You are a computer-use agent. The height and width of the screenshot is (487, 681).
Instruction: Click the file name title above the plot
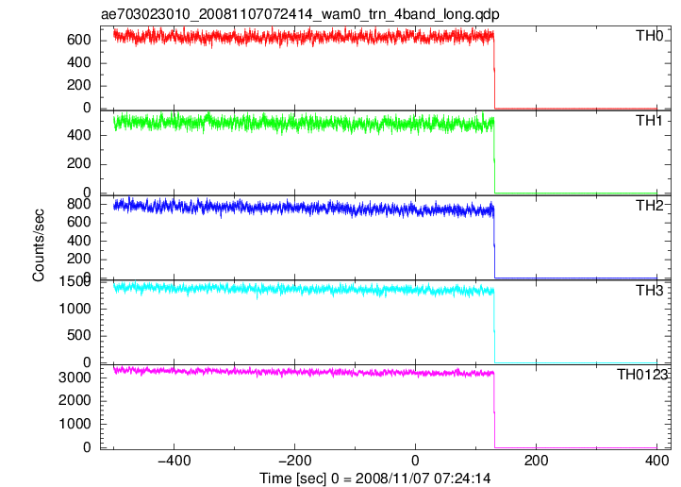coord(300,14)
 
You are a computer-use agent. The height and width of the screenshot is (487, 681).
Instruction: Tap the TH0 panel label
coord(650,36)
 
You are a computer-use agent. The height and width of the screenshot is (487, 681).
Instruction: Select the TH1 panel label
coord(650,121)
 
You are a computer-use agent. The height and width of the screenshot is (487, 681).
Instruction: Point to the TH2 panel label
coord(650,206)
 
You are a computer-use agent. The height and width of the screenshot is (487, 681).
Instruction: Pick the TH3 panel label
coord(650,290)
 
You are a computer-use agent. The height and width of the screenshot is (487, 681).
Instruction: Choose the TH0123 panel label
coord(642,375)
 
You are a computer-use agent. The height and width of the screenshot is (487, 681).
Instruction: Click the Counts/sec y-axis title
coord(39,245)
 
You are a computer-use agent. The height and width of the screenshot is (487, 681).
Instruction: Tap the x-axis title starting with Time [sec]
coord(375,479)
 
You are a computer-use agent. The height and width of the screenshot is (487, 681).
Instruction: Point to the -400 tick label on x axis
coord(174,461)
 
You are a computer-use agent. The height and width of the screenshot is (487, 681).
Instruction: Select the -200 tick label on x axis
coord(294,461)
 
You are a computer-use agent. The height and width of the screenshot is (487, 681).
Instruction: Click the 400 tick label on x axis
coord(656,461)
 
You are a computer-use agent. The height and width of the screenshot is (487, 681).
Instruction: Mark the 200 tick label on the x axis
coord(536,461)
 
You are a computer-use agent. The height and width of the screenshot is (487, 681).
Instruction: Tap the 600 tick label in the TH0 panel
coord(79,40)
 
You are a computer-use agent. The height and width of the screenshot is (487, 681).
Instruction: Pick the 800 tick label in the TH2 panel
coord(79,204)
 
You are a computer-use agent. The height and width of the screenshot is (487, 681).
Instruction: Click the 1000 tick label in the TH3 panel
coord(75,309)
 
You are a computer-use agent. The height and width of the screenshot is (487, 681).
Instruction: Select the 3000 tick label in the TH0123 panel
coord(75,377)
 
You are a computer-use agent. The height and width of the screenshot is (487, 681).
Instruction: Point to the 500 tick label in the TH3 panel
coord(79,336)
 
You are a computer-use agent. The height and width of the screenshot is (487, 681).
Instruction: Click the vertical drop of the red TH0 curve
coord(494,72)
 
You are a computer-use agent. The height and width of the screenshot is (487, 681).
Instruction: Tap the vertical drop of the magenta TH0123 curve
coord(494,411)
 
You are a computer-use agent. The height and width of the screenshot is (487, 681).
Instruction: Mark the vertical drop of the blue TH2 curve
coord(494,242)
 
